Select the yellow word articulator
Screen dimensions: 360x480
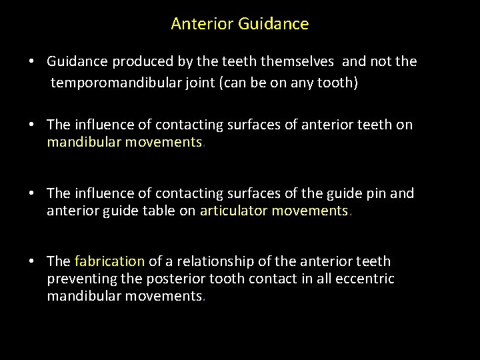238,211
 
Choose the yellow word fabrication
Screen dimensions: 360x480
109,261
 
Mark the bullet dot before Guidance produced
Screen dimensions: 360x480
32,62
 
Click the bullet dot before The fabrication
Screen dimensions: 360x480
32,261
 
